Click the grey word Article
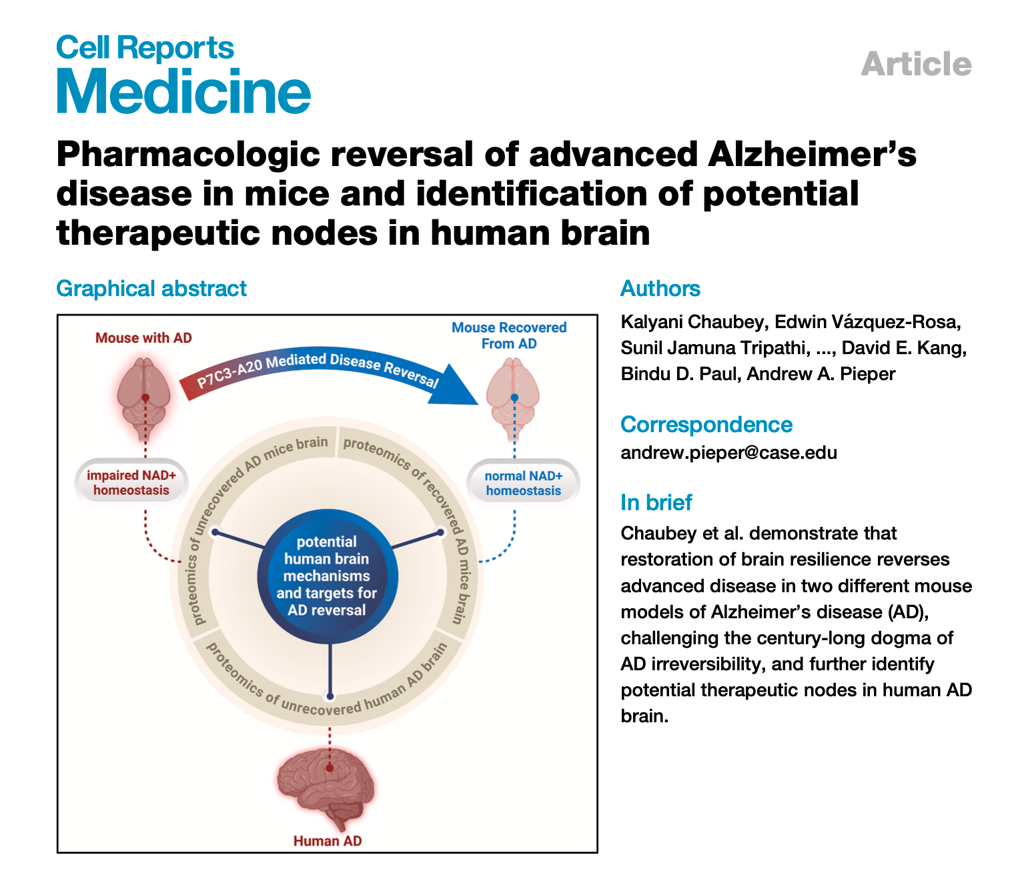pyautogui.click(x=916, y=65)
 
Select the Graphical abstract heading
pyautogui.click(x=151, y=289)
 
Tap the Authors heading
pyautogui.click(x=660, y=289)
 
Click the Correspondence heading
pyautogui.click(x=706, y=425)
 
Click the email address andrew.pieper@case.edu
pyautogui.click(x=728, y=453)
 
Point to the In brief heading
pyautogui.click(x=656, y=502)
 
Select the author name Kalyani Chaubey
pyautogui.click(x=692, y=322)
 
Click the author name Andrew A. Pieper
pyautogui.click(x=821, y=374)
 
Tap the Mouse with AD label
pyautogui.click(x=143, y=338)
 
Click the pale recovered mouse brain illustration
pyautogui.click(x=513, y=397)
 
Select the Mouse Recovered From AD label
pyautogui.click(x=509, y=335)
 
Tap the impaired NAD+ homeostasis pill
pyautogui.click(x=131, y=483)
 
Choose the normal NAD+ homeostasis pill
pyautogui.click(x=523, y=484)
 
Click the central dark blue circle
pyautogui.click(x=327, y=576)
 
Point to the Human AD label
pyautogui.click(x=328, y=841)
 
